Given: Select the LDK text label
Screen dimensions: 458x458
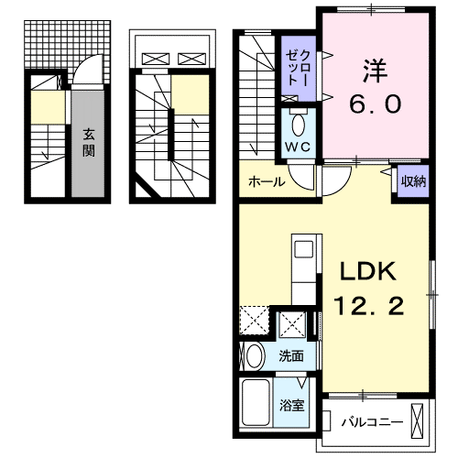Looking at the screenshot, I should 367,272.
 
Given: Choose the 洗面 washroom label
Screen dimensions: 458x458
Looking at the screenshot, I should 292,355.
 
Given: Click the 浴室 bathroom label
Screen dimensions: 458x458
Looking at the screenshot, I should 292,404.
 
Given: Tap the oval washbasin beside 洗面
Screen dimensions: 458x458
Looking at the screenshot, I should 254,355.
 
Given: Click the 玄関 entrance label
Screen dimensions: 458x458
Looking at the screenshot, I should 89,142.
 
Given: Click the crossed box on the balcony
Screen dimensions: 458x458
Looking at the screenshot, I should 420,422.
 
